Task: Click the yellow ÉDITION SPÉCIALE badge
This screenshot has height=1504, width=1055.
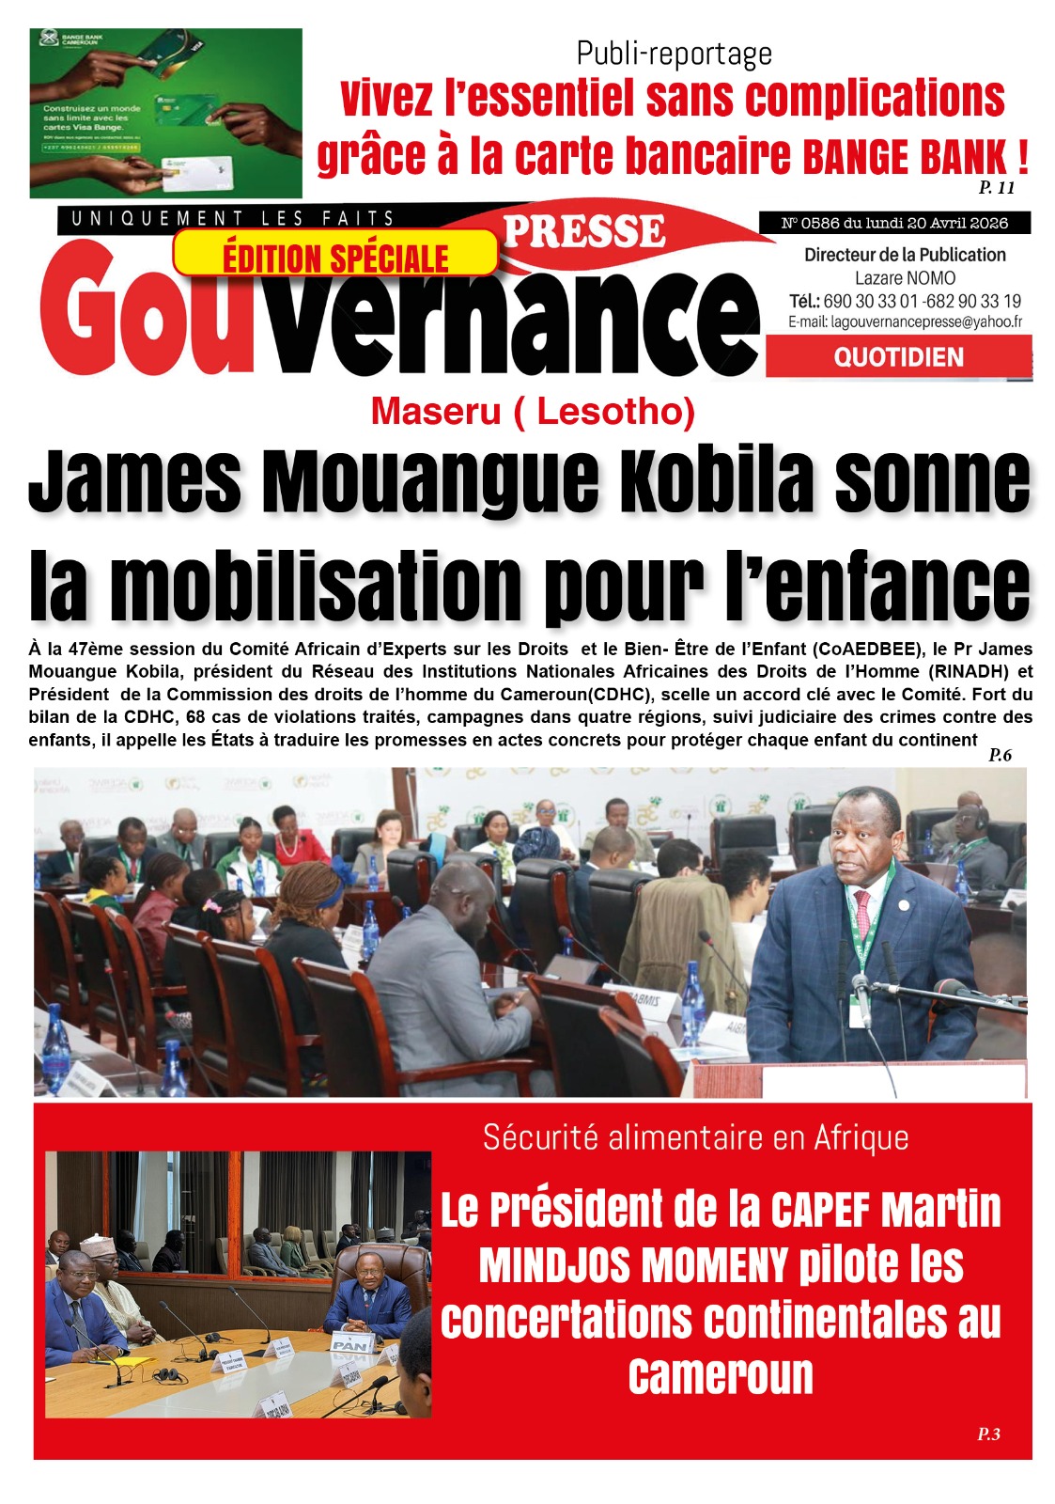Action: (x=335, y=254)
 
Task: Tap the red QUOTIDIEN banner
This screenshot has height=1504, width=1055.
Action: (x=898, y=357)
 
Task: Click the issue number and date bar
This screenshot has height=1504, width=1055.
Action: (x=894, y=223)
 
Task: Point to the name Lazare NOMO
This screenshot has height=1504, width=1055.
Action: (x=905, y=278)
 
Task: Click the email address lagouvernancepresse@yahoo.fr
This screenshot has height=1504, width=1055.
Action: (x=905, y=321)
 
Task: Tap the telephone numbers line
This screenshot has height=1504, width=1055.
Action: (x=905, y=301)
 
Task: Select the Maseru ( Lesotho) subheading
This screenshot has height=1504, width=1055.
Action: (x=533, y=411)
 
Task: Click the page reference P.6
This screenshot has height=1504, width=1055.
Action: (x=1000, y=755)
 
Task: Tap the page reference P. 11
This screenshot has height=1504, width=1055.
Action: (x=997, y=187)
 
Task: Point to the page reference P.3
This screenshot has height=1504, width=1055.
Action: (x=988, y=1433)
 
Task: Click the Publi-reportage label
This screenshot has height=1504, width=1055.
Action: (x=674, y=54)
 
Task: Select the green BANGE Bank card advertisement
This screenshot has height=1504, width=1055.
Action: (x=166, y=113)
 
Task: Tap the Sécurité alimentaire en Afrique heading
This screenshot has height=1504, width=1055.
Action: (x=695, y=1137)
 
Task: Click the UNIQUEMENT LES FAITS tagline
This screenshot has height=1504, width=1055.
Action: (x=233, y=219)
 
